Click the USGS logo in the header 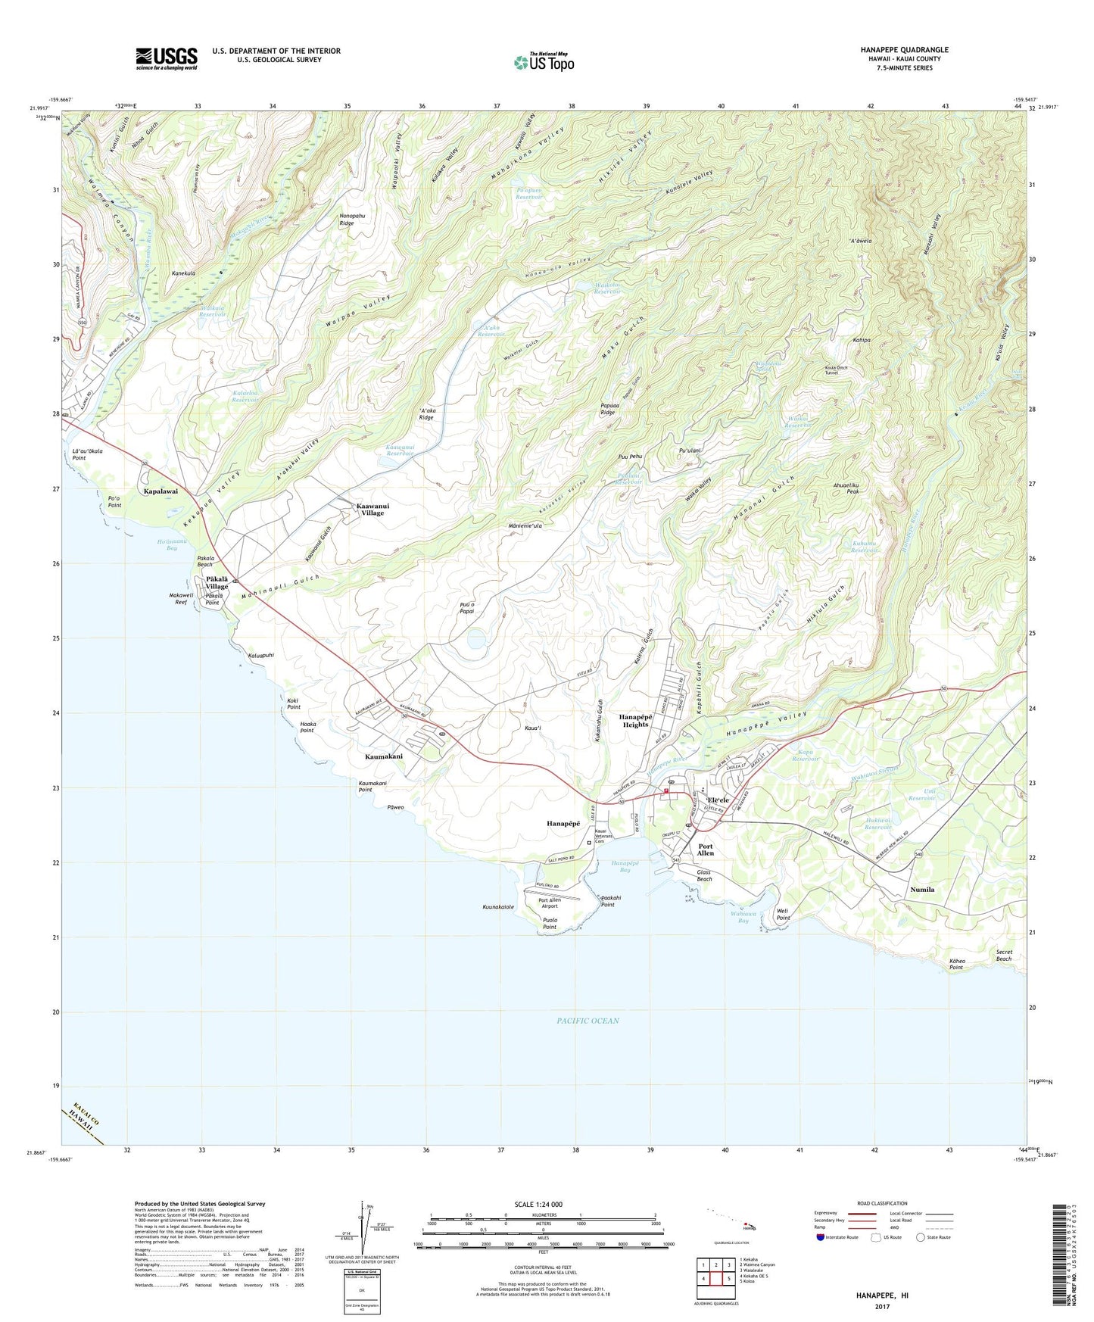tap(167, 58)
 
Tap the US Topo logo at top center tap(544, 62)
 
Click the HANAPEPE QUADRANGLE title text tap(904, 50)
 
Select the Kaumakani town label tap(384, 756)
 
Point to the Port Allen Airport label tap(559, 903)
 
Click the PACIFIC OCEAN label tap(588, 1021)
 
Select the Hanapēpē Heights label tap(635, 720)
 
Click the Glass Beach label tap(704, 875)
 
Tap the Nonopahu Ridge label tap(346, 219)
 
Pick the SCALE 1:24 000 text tap(544, 1204)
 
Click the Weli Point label tap(783, 915)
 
